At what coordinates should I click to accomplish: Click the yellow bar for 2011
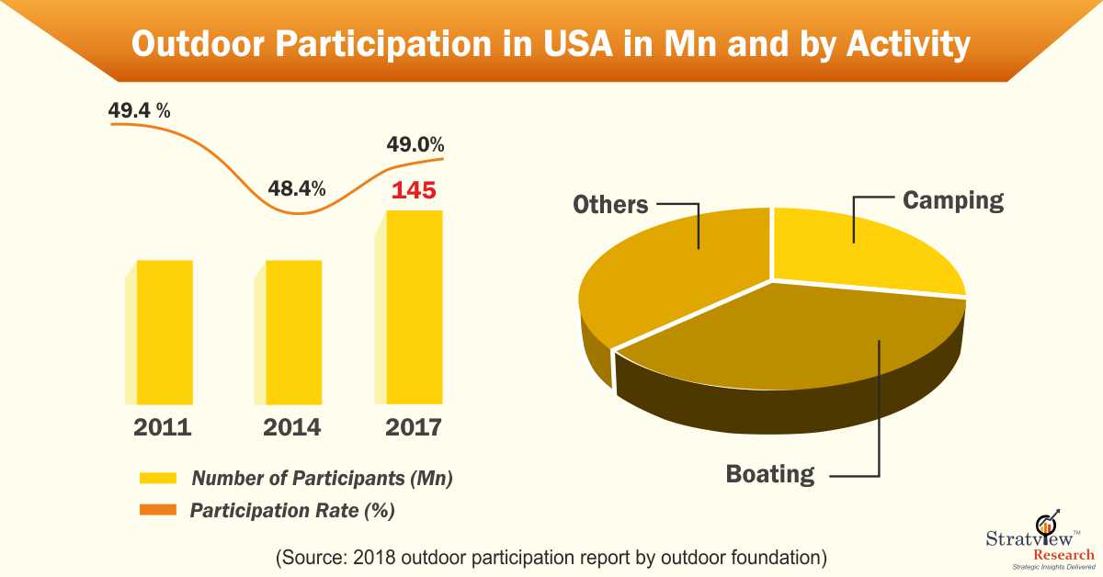[165, 332]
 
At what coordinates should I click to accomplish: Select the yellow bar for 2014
[294, 332]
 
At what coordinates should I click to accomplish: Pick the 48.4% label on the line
[296, 189]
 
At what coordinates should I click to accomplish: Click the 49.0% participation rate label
[415, 144]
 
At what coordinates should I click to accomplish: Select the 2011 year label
[163, 427]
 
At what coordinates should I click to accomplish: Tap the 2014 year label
[291, 427]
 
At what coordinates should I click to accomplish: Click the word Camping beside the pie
[952, 200]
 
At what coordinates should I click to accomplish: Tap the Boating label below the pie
[770, 474]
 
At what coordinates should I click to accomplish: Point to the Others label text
[610, 204]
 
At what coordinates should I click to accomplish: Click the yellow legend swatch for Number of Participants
[157, 479]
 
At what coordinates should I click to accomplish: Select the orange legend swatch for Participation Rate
[157, 509]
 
